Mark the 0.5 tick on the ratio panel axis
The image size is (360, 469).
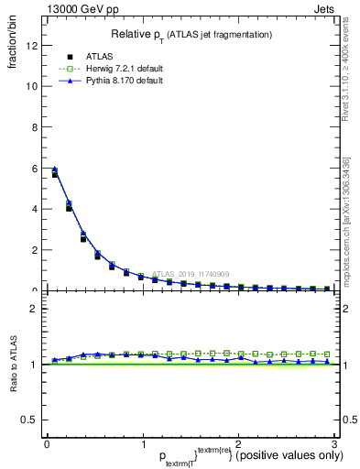pos(32,420)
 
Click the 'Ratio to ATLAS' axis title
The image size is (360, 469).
pos(13,365)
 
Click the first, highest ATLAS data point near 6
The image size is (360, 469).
pos(55,173)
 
